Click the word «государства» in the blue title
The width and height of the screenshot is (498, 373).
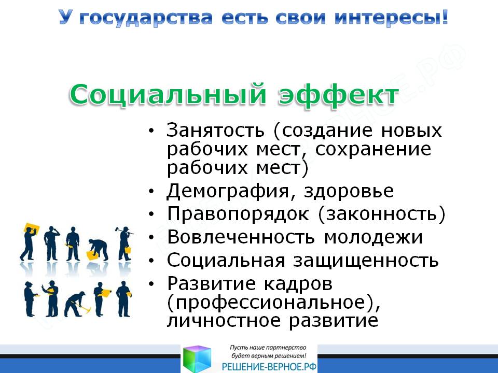146,18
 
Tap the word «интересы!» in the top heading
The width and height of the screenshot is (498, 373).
392,18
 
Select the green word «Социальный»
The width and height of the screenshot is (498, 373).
168,95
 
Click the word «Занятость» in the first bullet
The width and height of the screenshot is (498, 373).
215,130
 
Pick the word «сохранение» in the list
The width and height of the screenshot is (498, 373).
373,149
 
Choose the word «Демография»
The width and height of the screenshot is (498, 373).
228,191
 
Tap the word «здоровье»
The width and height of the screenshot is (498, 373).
349,191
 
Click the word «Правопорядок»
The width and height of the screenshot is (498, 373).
238,214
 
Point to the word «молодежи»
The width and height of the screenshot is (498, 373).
374,237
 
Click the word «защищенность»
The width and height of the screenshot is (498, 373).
366,261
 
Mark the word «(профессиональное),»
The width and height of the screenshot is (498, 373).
273,303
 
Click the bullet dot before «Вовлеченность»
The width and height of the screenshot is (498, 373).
151,238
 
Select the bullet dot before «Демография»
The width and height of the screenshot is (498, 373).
151,191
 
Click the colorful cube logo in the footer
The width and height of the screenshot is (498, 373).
197,359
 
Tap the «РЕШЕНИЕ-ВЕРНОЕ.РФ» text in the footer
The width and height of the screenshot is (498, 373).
269,367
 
